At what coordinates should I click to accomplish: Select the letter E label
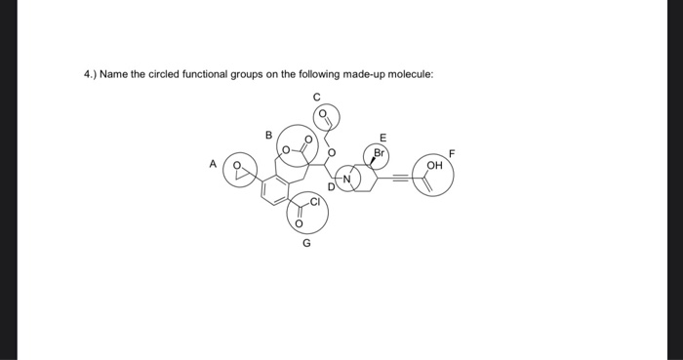[x=382, y=137]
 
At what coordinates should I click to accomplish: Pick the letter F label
[x=451, y=153]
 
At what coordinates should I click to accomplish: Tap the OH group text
[x=435, y=166]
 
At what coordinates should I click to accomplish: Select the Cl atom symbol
[x=316, y=202]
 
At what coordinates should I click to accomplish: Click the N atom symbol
[x=345, y=177]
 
